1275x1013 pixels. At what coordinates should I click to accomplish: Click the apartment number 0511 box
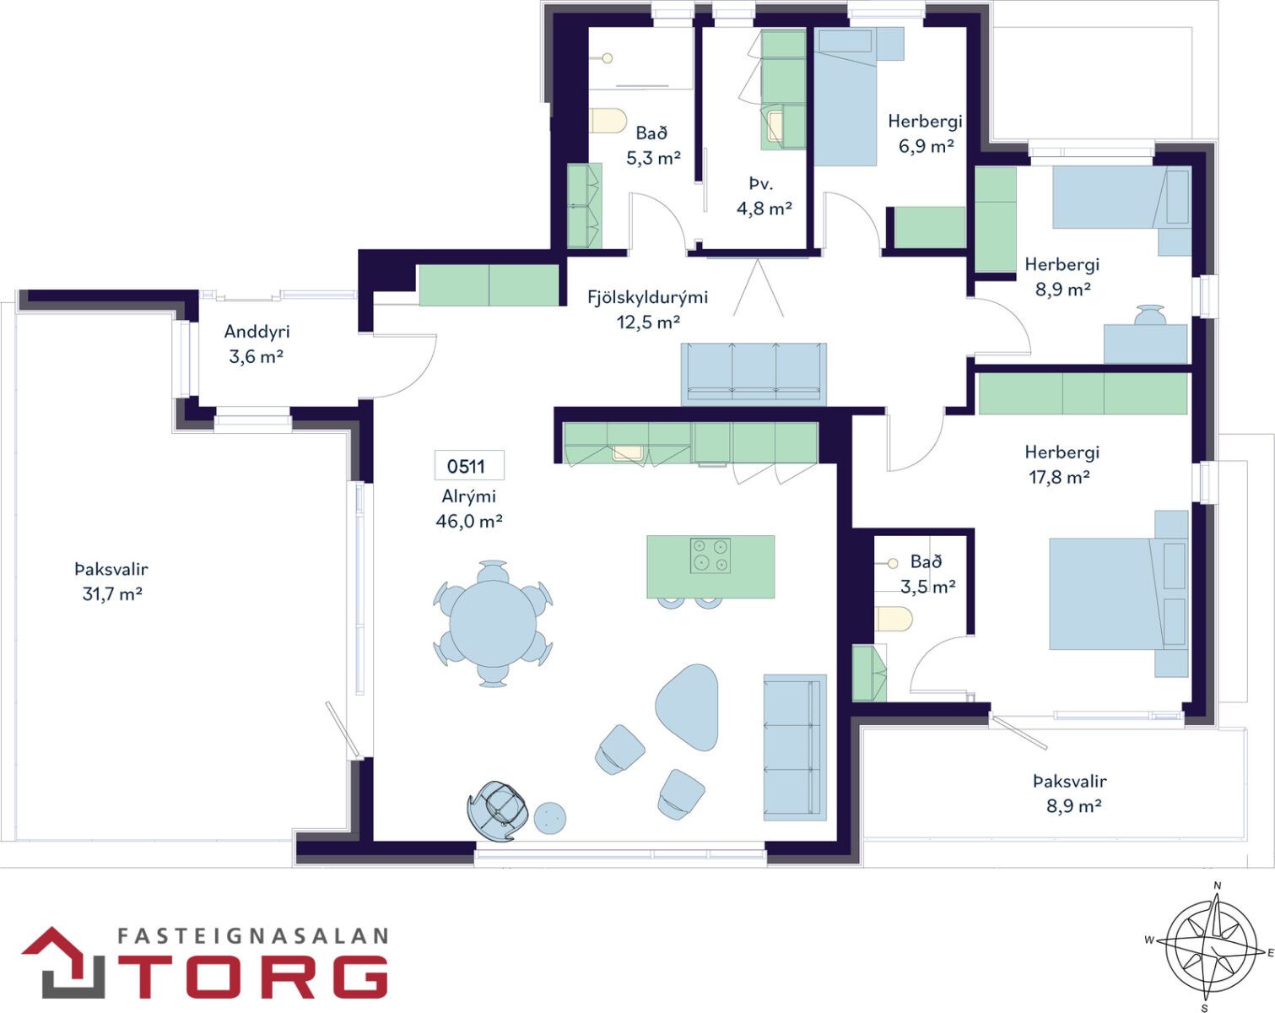[x=469, y=465]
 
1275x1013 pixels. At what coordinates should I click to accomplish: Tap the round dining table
[x=493, y=624]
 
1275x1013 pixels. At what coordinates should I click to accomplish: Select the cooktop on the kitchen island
[x=710, y=555]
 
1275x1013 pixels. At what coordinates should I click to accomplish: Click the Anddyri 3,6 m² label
[x=257, y=344]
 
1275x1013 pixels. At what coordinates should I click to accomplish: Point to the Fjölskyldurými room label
[x=647, y=297]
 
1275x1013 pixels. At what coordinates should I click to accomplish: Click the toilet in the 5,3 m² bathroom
[x=608, y=121]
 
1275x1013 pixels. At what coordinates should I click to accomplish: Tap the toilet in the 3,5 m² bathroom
[x=894, y=619]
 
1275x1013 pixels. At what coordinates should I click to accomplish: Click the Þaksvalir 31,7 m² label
[x=111, y=582]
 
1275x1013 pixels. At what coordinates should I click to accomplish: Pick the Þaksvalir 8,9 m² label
[x=1070, y=793]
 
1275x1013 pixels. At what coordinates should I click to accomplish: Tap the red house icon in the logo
[x=63, y=962]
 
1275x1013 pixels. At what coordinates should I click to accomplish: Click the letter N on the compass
[x=1218, y=886]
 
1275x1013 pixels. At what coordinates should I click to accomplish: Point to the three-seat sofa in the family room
[x=754, y=375]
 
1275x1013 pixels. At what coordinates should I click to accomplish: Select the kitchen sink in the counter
[x=628, y=452]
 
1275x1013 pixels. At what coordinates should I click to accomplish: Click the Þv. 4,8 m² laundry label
[x=764, y=196]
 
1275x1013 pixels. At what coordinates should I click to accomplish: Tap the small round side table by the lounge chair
[x=550, y=818]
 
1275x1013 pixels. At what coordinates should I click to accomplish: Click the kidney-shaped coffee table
[x=687, y=707]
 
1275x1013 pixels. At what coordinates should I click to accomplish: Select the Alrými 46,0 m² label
[x=469, y=508]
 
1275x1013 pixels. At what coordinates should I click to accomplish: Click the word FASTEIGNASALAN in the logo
[x=253, y=936]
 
